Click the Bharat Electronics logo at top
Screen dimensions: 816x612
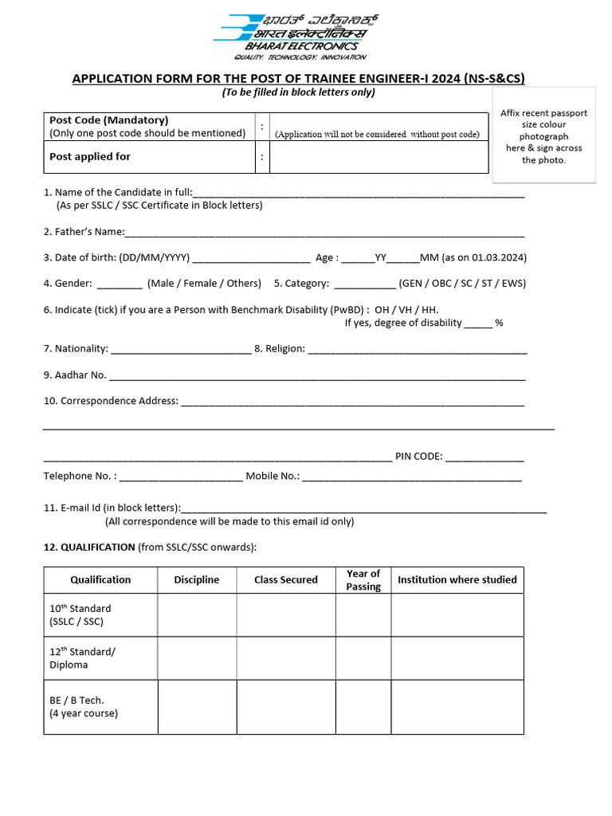point(295,36)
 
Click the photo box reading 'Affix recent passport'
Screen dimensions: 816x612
point(543,136)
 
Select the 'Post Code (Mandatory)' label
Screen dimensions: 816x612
point(108,120)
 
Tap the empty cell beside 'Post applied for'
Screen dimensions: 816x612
point(379,157)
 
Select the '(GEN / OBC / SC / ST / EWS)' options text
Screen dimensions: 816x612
point(462,284)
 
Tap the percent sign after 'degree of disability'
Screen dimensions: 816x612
point(499,323)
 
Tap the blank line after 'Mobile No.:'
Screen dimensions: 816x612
point(412,477)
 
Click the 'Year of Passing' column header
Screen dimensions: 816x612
point(363,580)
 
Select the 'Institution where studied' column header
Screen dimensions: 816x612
point(457,580)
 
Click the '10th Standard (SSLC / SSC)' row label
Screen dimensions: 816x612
point(80,615)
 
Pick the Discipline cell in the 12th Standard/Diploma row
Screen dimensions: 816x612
point(196,658)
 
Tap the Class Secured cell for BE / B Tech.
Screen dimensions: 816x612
point(285,706)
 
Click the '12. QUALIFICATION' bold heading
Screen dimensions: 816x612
point(89,547)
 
